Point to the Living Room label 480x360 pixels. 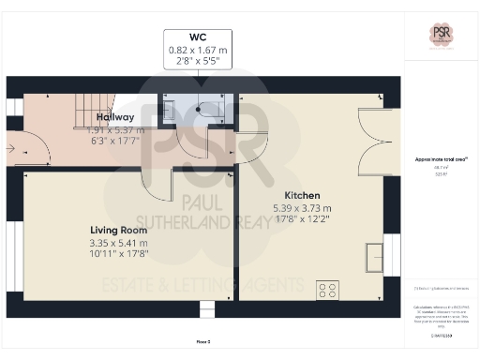click(x=118, y=230)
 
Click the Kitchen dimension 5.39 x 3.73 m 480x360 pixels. click(x=301, y=208)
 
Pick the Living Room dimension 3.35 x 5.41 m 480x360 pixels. click(x=118, y=243)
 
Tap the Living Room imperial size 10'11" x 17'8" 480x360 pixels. click(x=118, y=253)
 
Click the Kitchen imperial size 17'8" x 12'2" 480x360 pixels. click(x=301, y=218)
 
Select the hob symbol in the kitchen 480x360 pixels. click(x=327, y=290)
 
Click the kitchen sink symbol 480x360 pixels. click(x=373, y=255)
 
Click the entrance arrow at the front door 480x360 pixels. click(x=12, y=147)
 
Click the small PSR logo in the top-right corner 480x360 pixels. click(x=441, y=35)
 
